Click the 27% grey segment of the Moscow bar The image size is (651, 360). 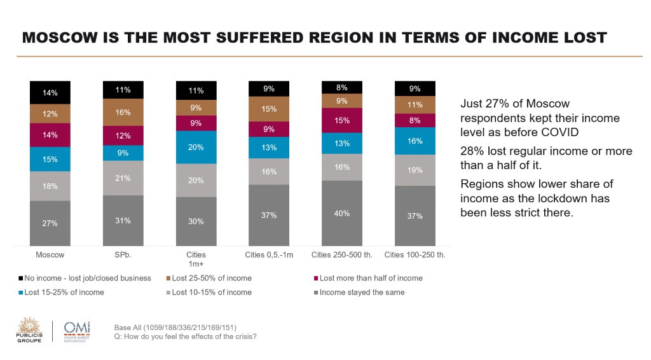[50, 223]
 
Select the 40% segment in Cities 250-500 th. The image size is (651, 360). [342, 213]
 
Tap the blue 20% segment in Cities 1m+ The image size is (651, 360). [196, 148]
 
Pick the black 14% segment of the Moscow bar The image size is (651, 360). [50, 92]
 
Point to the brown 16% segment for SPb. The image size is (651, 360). [123, 113]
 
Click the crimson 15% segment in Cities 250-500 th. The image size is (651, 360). [342, 120]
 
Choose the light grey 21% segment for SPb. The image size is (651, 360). [123, 178]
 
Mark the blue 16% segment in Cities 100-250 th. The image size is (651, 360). [415, 141]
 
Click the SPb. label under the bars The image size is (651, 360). [123, 255]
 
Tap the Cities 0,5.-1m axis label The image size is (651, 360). [269, 255]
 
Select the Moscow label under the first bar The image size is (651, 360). [50, 255]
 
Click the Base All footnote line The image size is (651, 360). [175, 328]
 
